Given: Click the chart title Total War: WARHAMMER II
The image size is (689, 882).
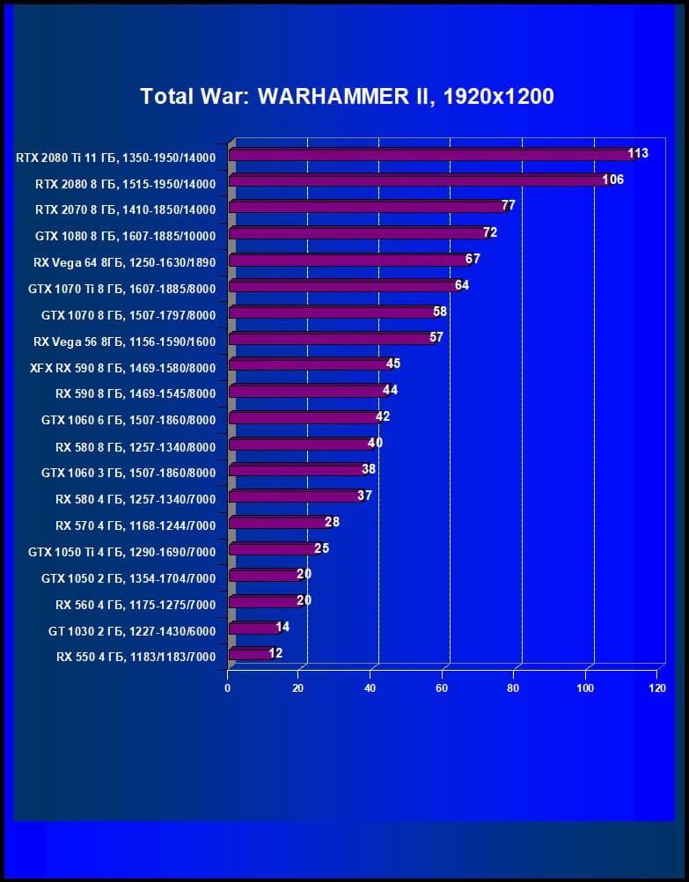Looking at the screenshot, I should (347, 97).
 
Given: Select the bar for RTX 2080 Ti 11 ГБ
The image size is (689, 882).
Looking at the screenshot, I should (429, 155).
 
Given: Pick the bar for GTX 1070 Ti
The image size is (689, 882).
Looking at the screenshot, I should (343, 286).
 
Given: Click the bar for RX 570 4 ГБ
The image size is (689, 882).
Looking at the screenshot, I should (278, 523).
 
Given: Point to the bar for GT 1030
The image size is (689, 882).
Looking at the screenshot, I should (253, 628).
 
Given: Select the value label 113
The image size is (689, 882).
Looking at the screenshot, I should (638, 153).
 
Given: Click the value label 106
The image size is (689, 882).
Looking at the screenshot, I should (613, 180).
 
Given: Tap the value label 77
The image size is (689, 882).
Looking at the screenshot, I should (508, 205).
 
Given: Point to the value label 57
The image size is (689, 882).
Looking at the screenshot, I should (436, 337).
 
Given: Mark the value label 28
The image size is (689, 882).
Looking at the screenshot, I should (332, 522).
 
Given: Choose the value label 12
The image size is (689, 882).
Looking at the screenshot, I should (275, 653).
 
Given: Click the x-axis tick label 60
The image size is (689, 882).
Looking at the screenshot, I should (442, 688).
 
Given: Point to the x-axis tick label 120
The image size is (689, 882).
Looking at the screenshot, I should (656, 688).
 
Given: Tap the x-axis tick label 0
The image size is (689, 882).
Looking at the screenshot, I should (228, 688).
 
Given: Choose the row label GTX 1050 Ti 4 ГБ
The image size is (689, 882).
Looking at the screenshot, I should (121, 551).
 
